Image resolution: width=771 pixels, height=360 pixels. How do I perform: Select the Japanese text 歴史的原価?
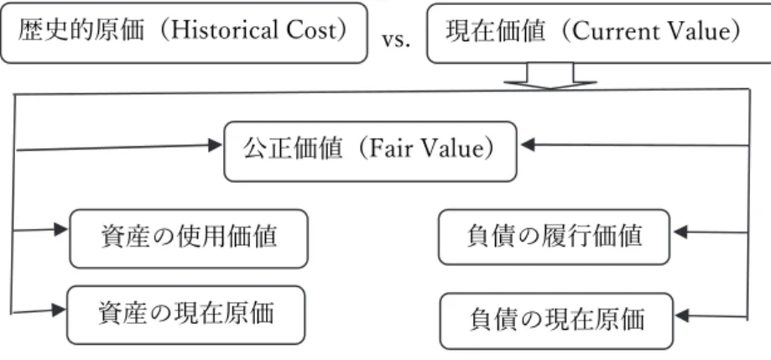pos(81,31)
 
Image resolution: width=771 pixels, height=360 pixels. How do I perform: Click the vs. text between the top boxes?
pos(396,39)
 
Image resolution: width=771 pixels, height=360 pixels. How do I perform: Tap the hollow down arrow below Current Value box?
pos(550,76)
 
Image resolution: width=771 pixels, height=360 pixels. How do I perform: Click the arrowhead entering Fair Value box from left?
pos(215,145)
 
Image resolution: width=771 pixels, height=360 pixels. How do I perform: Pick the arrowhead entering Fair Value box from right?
pos(528,144)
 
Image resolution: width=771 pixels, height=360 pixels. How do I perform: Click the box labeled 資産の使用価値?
pos(189,238)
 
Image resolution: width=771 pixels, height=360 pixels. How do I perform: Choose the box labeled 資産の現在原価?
pos(186,315)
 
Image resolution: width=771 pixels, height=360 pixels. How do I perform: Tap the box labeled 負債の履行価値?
pos(555,237)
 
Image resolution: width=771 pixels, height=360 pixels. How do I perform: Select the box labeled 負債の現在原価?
pos(556,321)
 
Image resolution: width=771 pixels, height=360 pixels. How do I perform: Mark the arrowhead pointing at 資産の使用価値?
pos(60,229)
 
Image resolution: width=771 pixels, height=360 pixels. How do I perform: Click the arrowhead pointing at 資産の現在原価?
pos(59,310)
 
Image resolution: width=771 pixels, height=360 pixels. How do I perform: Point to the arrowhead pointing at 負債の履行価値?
pos(680,232)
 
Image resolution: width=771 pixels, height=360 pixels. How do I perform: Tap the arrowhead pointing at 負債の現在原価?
pos(683,316)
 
